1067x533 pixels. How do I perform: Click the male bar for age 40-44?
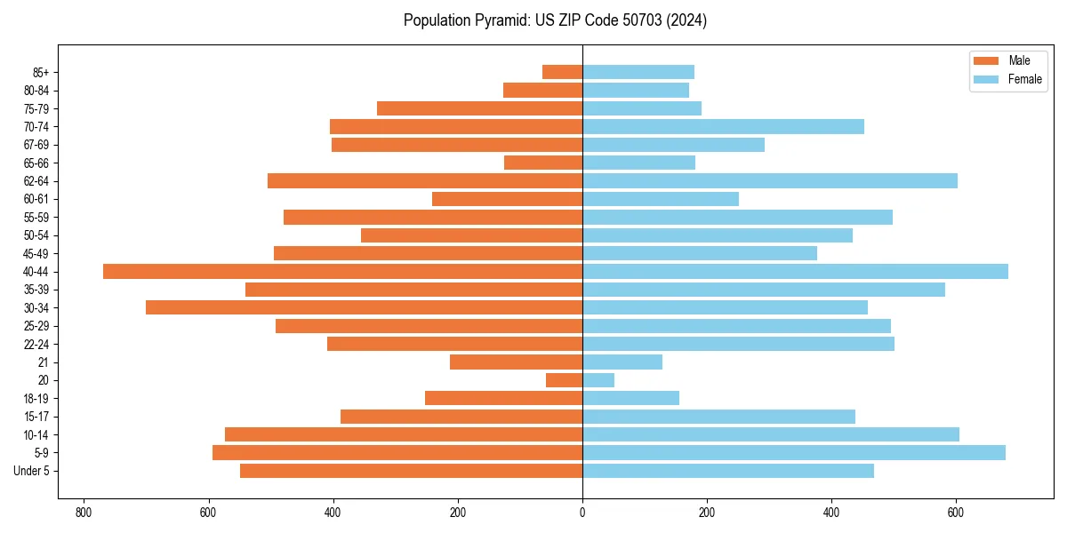point(342,272)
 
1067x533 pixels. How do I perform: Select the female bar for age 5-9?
point(794,453)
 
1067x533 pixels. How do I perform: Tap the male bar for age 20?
point(564,380)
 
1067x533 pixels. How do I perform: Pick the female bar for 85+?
point(638,72)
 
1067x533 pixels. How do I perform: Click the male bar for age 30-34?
point(364,307)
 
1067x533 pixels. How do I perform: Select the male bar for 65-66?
point(543,163)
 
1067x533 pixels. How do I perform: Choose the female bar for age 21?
point(622,362)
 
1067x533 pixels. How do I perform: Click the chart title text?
point(555,20)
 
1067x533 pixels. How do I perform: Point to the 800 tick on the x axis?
point(84,513)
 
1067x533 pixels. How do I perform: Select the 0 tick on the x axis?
point(582,513)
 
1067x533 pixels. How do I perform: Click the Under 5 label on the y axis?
point(32,471)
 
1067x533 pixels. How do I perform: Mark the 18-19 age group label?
point(36,399)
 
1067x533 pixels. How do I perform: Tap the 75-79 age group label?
point(36,108)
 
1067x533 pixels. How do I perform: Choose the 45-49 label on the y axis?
point(36,253)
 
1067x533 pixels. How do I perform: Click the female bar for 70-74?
point(723,127)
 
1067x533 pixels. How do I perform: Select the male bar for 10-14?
point(404,434)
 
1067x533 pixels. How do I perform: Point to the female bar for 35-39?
point(764,290)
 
